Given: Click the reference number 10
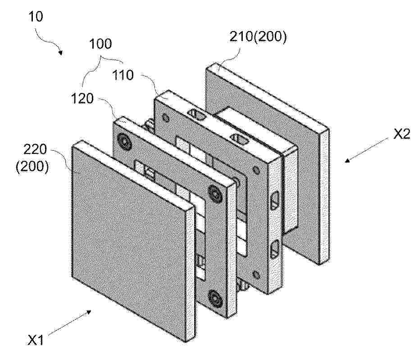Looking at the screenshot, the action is pyautogui.click(x=36, y=17).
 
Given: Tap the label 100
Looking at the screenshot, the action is pyautogui.click(x=100, y=44).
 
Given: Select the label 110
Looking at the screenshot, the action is pyautogui.click(x=123, y=75).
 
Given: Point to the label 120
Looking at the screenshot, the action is pyautogui.click(x=82, y=99).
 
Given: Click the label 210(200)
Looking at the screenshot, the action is pyautogui.click(x=258, y=36).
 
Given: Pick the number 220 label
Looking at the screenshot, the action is pyautogui.click(x=35, y=149).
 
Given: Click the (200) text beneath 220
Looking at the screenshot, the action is pyautogui.click(x=32, y=167).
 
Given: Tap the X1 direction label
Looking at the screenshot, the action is pyautogui.click(x=36, y=340).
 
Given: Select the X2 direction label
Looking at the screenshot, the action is pyautogui.click(x=402, y=134).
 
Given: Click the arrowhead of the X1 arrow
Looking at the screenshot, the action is pyautogui.click(x=88, y=312).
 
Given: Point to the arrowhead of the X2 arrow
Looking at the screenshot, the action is pyautogui.click(x=348, y=160).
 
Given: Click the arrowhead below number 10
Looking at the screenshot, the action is pyautogui.click(x=61, y=53).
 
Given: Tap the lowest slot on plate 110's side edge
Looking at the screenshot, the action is pyautogui.click(x=275, y=249).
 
